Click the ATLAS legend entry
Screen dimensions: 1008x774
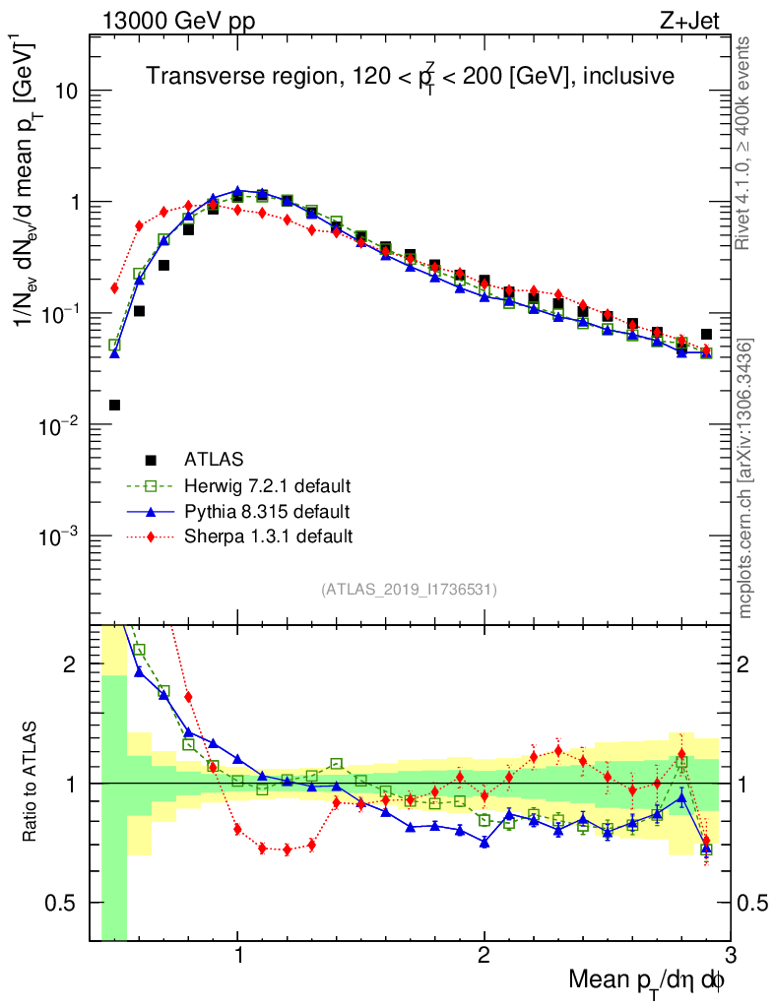pos(213,459)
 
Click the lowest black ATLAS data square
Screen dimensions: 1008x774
pos(114,405)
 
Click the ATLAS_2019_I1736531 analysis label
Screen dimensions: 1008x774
pos(409,590)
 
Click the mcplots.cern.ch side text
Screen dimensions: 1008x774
pos(745,477)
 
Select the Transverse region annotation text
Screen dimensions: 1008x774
pos(410,76)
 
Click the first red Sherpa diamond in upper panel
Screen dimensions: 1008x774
pos(114,288)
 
